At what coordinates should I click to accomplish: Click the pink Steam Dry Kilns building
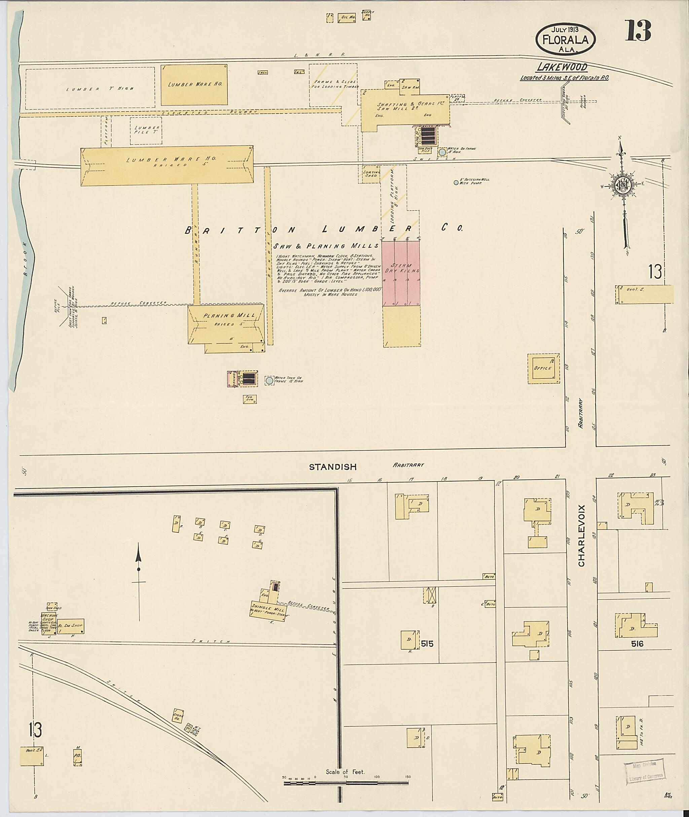[x=401, y=273]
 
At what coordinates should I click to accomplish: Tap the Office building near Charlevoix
[x=543, y=368]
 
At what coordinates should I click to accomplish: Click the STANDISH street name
[x=333, y=467]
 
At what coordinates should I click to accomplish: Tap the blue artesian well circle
[x=456, y=182]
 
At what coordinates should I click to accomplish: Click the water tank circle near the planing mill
[x=269, y=380]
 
